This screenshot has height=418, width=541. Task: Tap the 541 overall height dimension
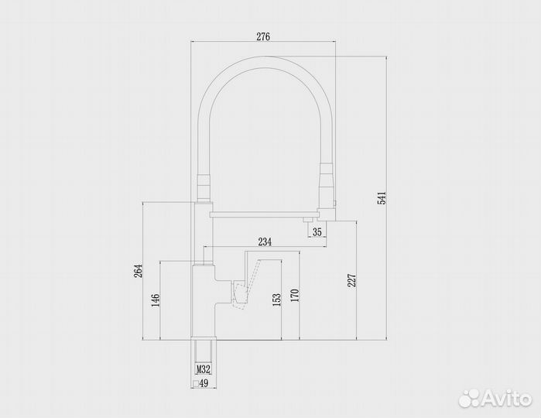coord(381,198)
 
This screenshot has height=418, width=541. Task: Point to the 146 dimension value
coord(156,300)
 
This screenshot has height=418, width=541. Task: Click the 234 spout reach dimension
coord(265,242)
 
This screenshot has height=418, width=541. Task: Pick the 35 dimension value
coord(316,231)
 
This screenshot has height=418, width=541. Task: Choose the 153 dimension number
coord(277,300)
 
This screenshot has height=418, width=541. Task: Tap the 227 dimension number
coord(351,281)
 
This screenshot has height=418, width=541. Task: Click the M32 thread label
coord(203,370)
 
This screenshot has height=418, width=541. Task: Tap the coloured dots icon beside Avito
coord(468,397)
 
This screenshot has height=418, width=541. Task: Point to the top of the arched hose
coord(262,61)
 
